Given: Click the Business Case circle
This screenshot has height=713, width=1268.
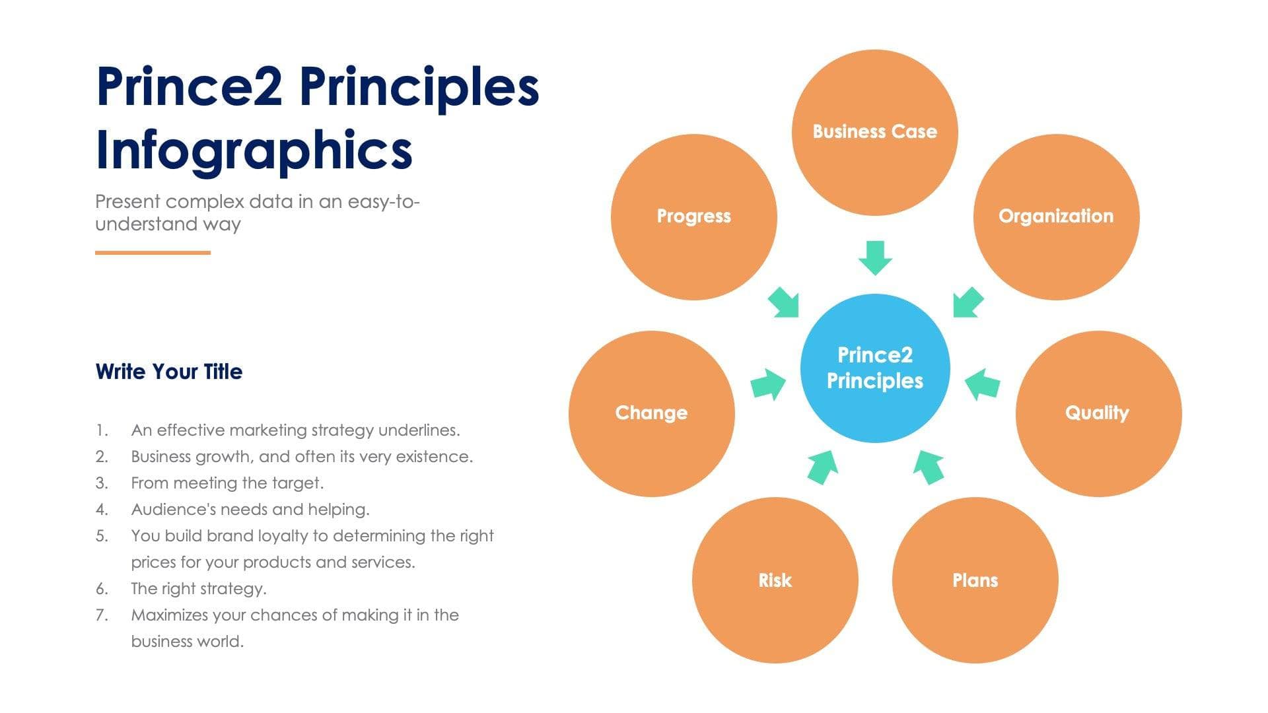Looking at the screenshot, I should coord(874,132).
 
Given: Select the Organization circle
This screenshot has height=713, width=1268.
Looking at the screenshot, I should coord(1056,217).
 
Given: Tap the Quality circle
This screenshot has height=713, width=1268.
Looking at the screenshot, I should coord(1098,413).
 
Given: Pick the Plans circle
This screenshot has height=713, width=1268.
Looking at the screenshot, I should coord(975,580).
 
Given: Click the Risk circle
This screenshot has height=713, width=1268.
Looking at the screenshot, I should coord(775,580).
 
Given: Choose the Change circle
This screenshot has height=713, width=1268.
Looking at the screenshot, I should coord(651,413).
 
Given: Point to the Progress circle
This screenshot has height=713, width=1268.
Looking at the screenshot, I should coord(693,217).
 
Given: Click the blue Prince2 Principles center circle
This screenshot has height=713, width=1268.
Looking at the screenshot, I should coord(874,368).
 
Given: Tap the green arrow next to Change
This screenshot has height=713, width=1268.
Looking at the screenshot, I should coord(768,384).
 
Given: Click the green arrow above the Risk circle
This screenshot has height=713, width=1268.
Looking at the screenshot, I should coord(823,466).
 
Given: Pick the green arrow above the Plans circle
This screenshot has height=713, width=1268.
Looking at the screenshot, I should coord(929,466).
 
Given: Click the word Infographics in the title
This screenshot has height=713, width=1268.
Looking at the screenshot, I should coord(254,151).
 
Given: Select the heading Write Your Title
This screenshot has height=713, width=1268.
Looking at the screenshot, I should coord(169,372).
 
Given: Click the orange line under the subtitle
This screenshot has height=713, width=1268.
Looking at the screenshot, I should coord(153,252).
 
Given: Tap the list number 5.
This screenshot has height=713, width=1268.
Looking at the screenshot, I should coord(101,535).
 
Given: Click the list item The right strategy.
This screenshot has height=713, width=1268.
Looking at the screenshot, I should coord(199,588).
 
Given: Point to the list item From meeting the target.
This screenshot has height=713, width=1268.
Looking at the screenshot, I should coord(227,483).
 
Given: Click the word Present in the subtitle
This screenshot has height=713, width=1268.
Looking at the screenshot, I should coord(127,201).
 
